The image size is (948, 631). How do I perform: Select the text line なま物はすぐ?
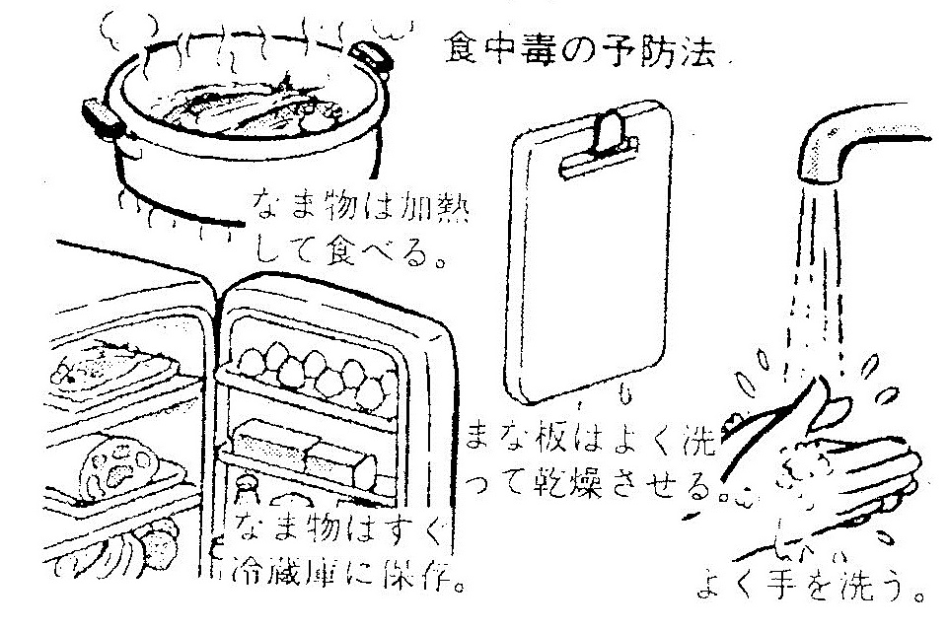click(x=330, y=536)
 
